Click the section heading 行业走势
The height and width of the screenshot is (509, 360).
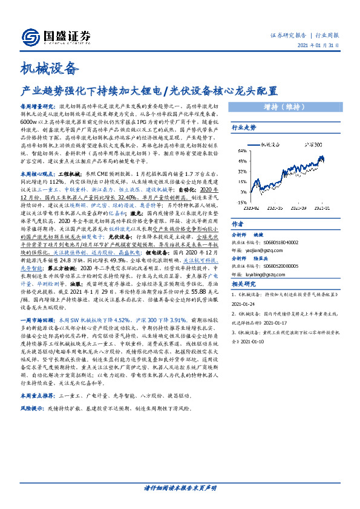244,128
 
